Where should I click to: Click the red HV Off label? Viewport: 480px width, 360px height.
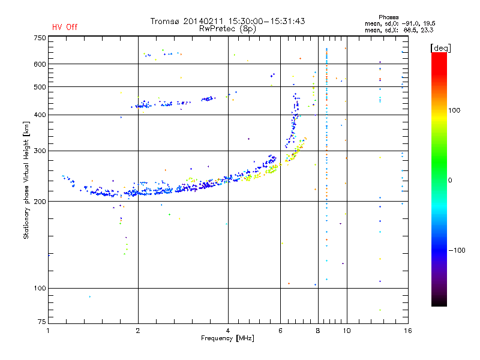coord(65,27)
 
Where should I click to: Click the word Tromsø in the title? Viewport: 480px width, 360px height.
coord(164,21)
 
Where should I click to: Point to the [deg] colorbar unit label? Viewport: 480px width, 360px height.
coord(440,47)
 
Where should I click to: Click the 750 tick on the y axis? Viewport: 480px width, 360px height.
coord(39,38)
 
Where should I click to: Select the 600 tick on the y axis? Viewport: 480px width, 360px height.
coord(39,64)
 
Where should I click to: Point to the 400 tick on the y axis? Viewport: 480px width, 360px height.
coord(39,115)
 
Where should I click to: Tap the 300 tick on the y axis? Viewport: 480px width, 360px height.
coord(39,151)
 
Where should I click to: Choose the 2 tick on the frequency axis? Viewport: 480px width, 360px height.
coord(138,331)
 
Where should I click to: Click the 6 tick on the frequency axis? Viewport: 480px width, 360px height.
coord(280,331)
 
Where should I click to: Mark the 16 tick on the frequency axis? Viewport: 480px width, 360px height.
coord(407,331)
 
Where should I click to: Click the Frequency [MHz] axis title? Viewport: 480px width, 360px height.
coord(227,338)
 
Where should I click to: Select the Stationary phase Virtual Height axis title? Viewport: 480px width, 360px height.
coord(26,180)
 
